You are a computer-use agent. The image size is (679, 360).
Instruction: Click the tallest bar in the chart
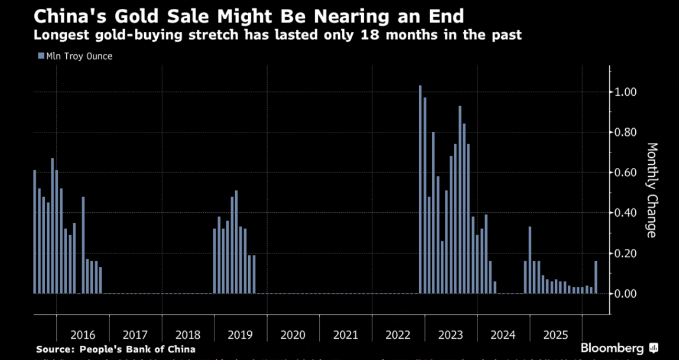pyautogui.click(x=420, y=189)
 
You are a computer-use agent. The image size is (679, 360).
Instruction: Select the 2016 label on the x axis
pyautogui.click(x=82, y=335)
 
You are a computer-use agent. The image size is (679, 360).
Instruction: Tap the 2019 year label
pyautogui.click(x=240, y=335)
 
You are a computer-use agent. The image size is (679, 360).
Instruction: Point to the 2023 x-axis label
pyautogui.click(x=451, y=335)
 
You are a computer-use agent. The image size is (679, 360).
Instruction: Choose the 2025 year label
pyautogui.click(x=556, y=335)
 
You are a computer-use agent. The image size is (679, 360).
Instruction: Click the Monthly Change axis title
pyautogui.click(x=651, y=190)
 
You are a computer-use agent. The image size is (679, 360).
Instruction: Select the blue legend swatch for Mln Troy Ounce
pyautogui.click(x=41, y=56)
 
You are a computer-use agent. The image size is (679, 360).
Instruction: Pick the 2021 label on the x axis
pyautogui.click(x=346, y=335)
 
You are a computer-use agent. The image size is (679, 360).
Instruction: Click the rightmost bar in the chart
pyautogui.click(x=596, y=277)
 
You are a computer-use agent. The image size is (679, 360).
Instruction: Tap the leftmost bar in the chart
pyautogui.click(x=35, y=232)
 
